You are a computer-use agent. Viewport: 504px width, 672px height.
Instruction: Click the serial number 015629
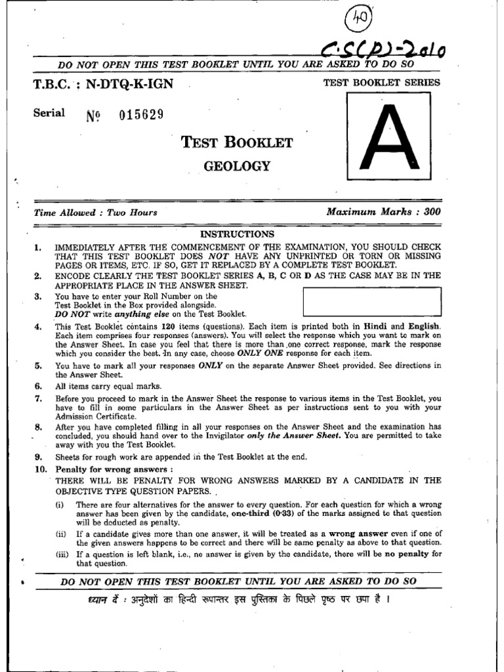pos(141,115)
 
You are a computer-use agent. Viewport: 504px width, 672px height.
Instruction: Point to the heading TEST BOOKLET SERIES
pos(382,83)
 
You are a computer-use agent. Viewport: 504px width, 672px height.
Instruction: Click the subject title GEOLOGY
pos(237,167)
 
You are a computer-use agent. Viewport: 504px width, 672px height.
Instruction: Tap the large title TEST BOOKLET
pos(237,142)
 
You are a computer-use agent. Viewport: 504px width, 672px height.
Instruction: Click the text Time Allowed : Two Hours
pos(96,213)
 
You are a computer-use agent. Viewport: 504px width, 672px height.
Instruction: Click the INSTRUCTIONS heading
pos(237,234)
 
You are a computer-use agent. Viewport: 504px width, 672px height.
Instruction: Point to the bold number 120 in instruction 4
pos(169,326)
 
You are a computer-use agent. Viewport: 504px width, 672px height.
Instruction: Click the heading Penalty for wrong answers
pos(114,469)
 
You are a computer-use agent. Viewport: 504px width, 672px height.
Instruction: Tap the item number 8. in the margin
pos(38,426)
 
